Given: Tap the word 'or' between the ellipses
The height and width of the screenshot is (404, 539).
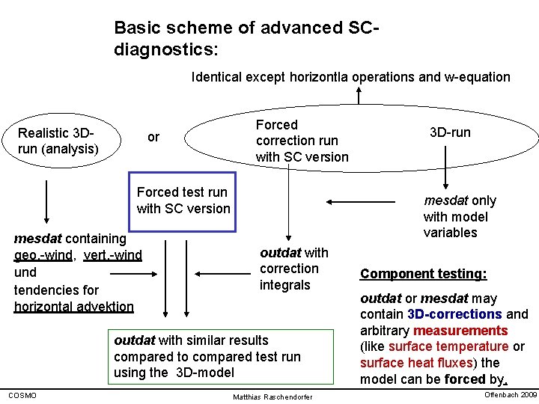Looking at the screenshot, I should click(x=153, y=137).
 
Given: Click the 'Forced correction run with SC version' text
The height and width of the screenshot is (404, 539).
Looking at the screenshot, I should click(x=302, y=141).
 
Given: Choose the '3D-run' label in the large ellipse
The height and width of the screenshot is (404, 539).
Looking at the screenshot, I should click(x=450, y=132).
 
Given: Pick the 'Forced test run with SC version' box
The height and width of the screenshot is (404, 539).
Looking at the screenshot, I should click(x=183, y=201).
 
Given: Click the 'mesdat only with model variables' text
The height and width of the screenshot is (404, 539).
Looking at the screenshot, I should click(x=459, y=216).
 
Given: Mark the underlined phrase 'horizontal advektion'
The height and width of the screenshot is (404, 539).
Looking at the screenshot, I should click(x=74, y=306).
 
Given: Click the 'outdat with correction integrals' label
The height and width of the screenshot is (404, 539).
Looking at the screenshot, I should click(x=293, y=269).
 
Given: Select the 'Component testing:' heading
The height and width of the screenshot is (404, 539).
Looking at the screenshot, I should click(x=423, y=274).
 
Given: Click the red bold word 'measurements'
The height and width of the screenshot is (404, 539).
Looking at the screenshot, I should click(x=460, y=331).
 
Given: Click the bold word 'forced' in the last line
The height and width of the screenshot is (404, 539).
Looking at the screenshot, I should click(x=466, y=379).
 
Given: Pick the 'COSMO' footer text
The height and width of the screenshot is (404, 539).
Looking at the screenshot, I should click(x=22, y=395).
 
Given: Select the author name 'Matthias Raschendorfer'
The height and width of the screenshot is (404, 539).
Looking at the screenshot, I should click(x=273, y=396).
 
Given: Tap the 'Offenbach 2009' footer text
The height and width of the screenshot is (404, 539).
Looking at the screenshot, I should click(x=511, y=394).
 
